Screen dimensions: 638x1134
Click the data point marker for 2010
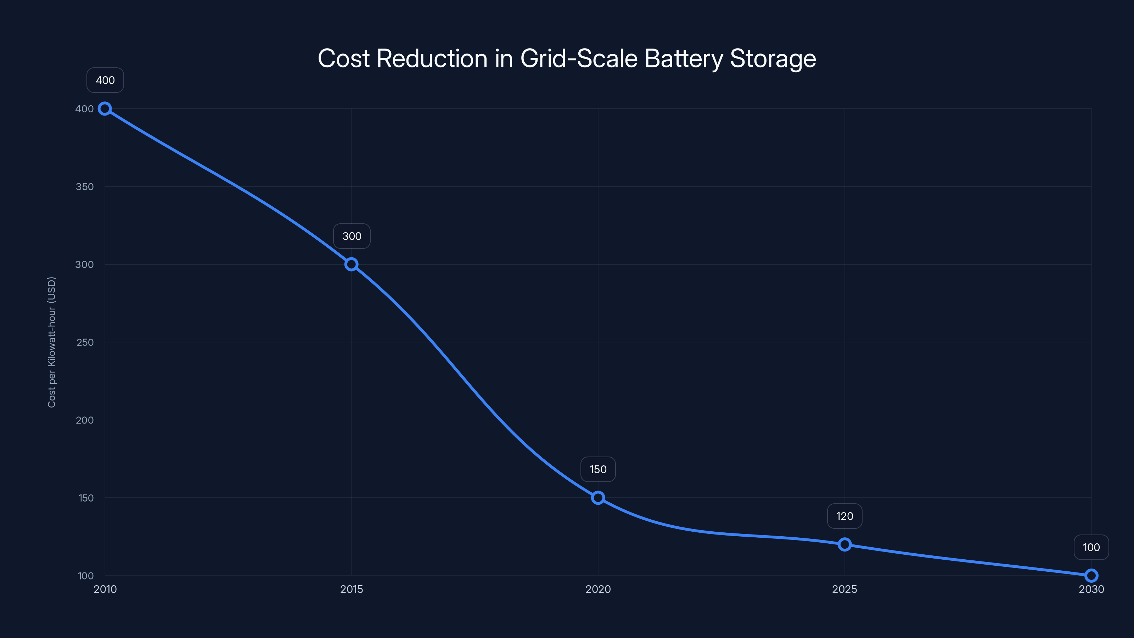(105, 109)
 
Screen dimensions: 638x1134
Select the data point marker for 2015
(351, 265)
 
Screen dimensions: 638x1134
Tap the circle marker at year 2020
(598, 498)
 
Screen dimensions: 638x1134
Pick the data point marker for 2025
(844, 545)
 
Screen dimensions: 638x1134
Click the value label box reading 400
(105, 80)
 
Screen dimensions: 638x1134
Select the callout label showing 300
(352, 236)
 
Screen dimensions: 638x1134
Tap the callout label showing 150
(598, 469)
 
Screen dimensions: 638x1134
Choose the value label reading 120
(844, 516)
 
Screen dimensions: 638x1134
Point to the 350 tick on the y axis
(85, 187)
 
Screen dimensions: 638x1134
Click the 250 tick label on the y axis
(85, 342)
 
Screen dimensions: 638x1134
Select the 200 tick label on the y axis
(85, 420)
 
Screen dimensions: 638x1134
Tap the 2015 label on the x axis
(351, 589)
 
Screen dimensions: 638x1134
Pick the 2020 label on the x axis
(598, 589)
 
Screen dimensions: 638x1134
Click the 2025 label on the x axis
(844, 589)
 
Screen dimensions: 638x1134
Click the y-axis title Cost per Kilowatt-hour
(51, 342)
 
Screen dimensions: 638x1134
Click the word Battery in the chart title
(684, 59)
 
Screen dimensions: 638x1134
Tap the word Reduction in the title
(432, 58)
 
